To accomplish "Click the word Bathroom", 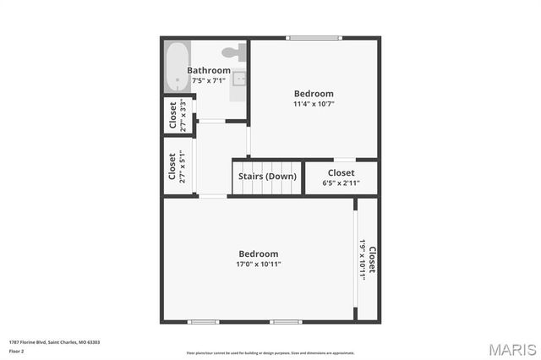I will point(209,70).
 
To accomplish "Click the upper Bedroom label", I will point(314,94).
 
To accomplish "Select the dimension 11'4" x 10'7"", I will point(314,104).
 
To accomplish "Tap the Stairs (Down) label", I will point(267,176).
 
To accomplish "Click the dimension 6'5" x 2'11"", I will point(341,183).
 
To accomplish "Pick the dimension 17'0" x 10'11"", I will point(258,264).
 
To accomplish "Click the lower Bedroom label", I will point(258,254).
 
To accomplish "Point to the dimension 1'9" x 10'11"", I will point(362,260).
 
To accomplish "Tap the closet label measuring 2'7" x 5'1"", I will point(172,166).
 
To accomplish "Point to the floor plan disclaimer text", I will point(270,352).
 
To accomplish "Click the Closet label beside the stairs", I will point(341,172).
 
